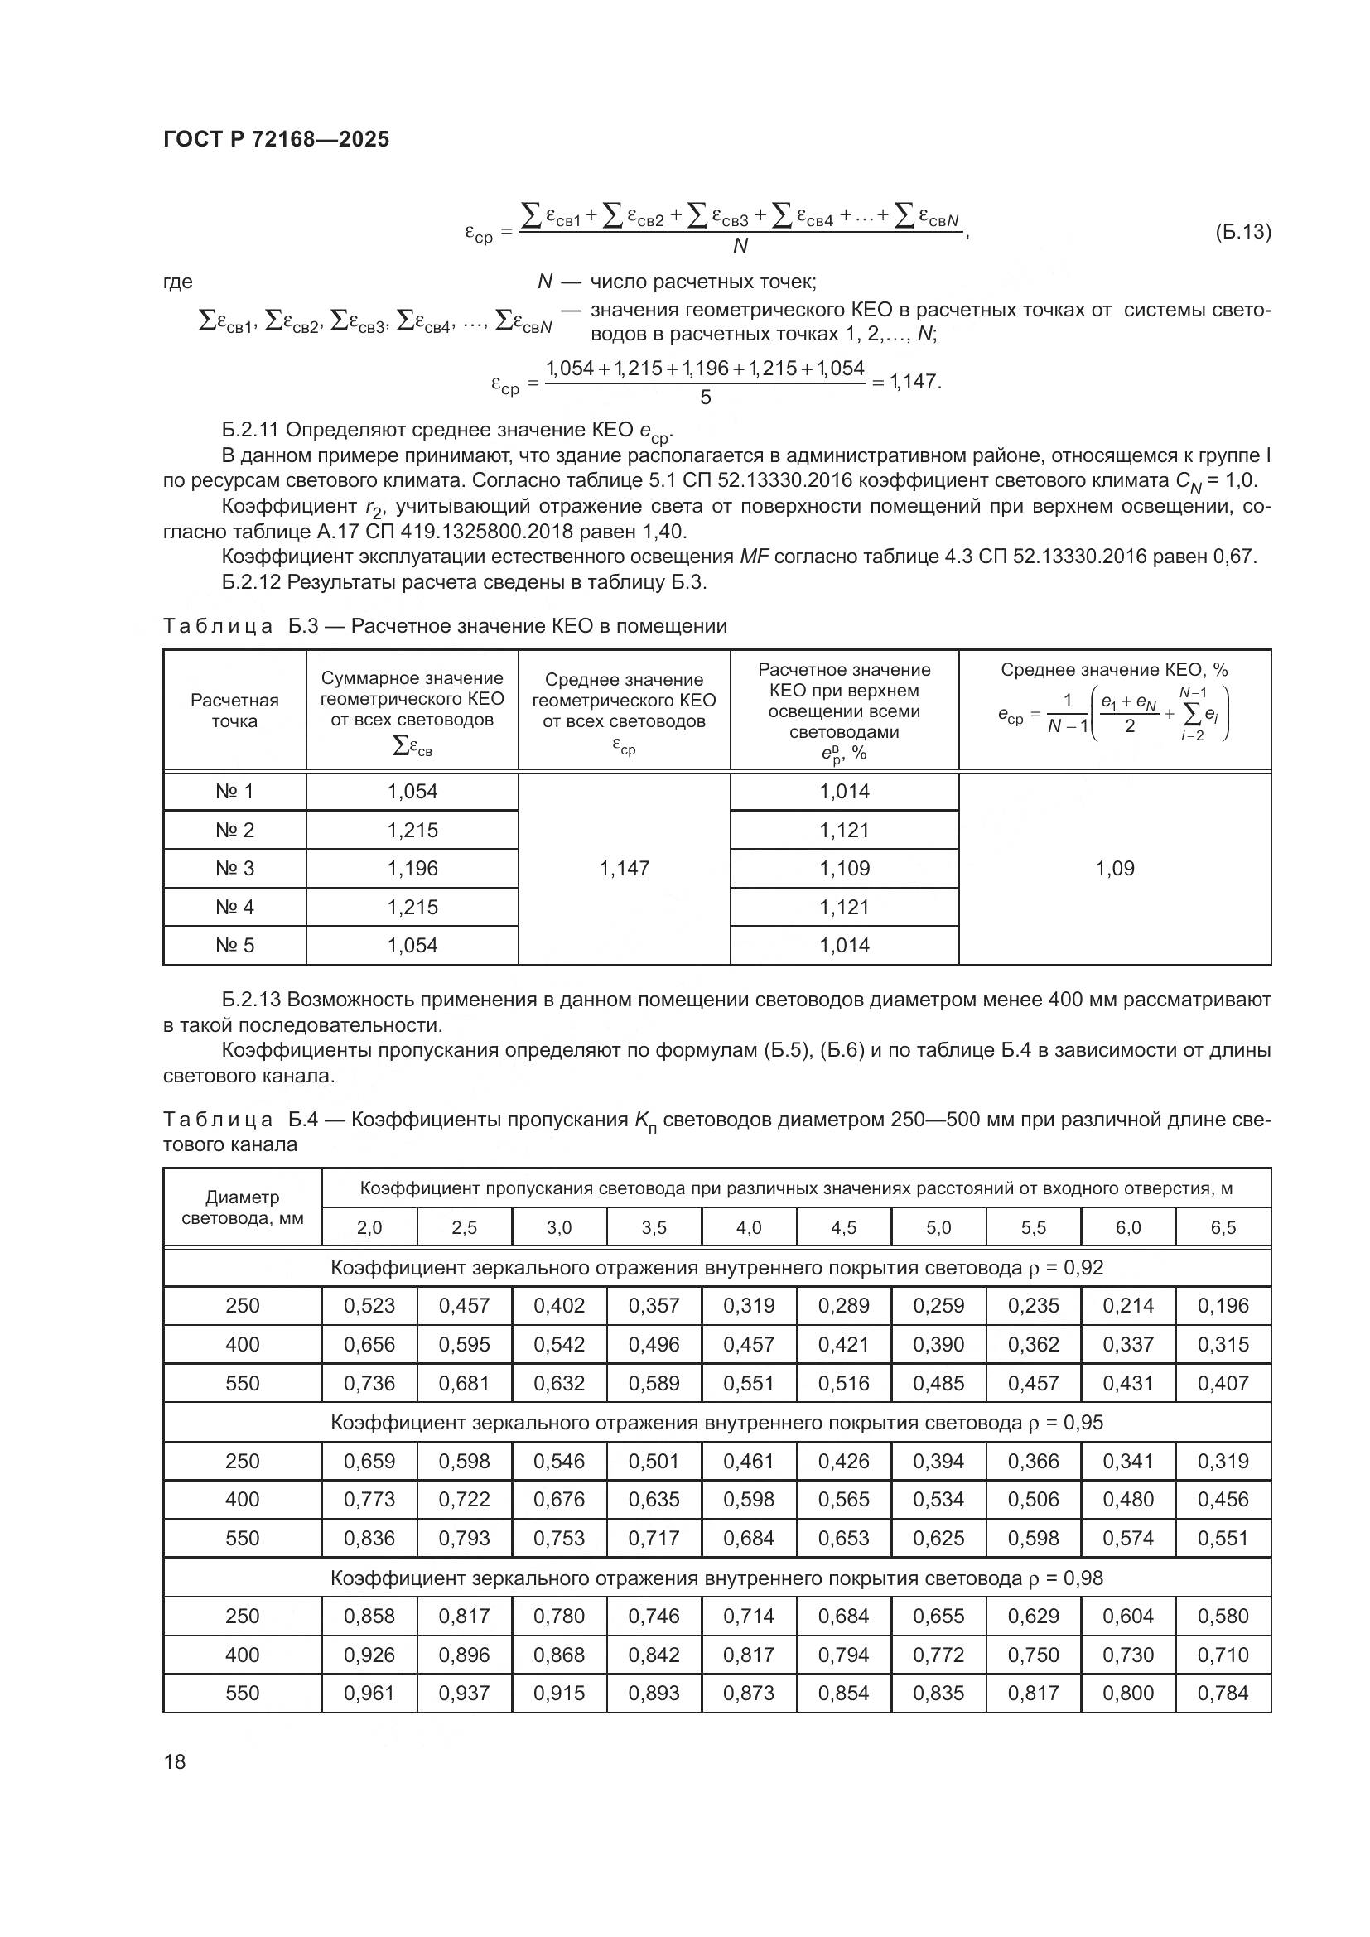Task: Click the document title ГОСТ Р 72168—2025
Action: [x=276, y=139]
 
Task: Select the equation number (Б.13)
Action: [x=1242, y=231]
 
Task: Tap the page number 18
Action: [x=175, y=1761]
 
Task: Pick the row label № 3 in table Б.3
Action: [x=234, y=868]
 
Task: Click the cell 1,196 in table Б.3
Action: [x=412, y=868]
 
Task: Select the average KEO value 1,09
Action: [x=1114, y=868]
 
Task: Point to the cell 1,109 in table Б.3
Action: [x=843, y=868]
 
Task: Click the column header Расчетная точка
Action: [x=234, y=711]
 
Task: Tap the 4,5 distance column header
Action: [x=843, y=1227]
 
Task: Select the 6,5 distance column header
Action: [x=1223, y=1227]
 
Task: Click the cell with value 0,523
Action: [x=369, y=1306]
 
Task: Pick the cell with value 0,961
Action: [x=369, y=1694]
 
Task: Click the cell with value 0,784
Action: [x=1223, y=1694]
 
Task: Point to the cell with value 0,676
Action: [x=559, y=1499]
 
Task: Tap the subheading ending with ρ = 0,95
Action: [x=716, y=1423]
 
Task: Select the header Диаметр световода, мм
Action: [x=242, y=1207]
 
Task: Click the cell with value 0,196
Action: [x=1223, y=1306]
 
